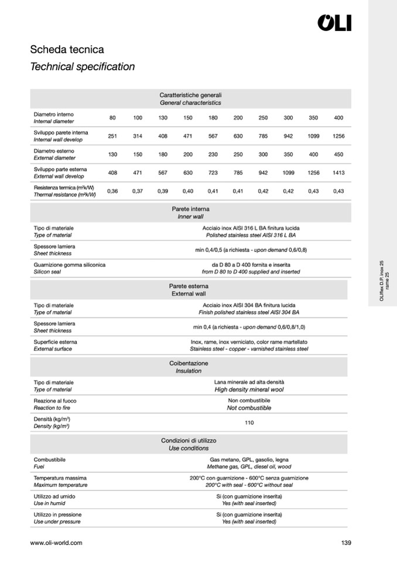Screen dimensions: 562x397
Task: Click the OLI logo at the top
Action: click(334, 23)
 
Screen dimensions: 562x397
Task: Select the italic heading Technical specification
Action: click(82, 67)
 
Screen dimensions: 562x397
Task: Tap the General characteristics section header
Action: click(190, 102)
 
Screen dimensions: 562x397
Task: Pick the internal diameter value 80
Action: click(112, 118)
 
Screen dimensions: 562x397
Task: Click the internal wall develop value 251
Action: click(112, 136)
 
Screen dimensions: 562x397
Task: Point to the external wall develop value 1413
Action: click(338, 172)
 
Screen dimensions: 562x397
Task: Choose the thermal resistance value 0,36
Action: click(112, 190)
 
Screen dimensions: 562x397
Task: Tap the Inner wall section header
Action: click(190, 216)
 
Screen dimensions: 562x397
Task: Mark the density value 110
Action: click(249, 423)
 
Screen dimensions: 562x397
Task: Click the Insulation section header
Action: click(189, 370)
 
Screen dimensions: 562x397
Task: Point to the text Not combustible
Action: click(249, 408)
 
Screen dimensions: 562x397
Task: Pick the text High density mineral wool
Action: click(249, 390)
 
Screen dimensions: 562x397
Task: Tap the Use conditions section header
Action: click(189, 448)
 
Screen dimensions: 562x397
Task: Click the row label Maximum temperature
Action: click(60, 485)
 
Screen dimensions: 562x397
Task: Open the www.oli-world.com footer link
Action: click(56, 543)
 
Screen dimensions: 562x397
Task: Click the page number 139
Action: click(345, 543)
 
